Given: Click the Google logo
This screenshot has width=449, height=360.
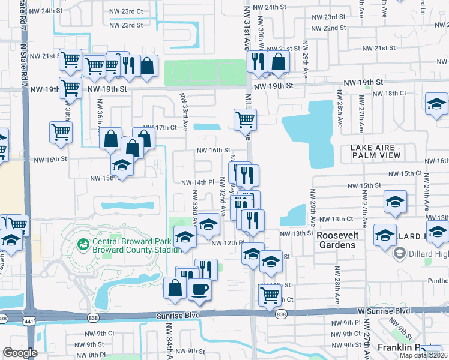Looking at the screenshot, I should [20, 353].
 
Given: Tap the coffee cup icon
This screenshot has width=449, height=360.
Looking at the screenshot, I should [199, 289].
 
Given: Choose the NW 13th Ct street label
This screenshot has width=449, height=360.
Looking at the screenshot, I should [336, 220].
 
